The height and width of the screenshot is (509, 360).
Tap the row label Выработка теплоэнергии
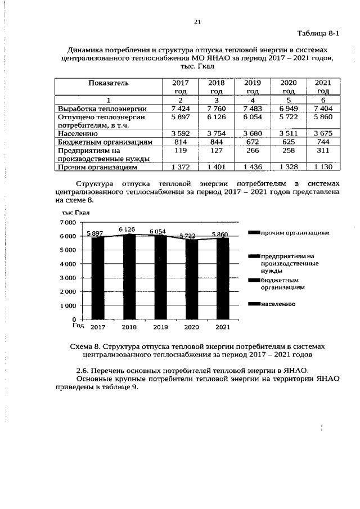(102, 108)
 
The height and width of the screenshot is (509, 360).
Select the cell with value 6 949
(288, 108)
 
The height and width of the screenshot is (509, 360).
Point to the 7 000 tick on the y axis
(67, 223)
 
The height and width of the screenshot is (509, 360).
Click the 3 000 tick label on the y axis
(67, 278)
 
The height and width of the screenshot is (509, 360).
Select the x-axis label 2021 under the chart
(223, 327)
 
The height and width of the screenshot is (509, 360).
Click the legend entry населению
(278, 304)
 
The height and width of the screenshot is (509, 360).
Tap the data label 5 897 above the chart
(95, 234)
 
